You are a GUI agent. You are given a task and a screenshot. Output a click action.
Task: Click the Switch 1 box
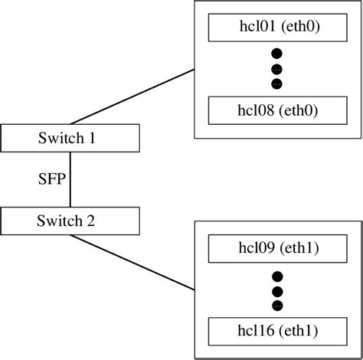pos(70,138)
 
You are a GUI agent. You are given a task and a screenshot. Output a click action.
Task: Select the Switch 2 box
pos(70,221)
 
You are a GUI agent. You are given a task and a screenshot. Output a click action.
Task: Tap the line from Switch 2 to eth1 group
pos(132,262)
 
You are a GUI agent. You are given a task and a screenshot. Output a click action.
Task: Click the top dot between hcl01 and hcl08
pos(276,54)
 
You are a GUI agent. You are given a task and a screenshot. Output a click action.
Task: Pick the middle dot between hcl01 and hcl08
pos(276,69)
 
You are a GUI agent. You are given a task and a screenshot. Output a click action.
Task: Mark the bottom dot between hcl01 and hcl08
pos(276,83)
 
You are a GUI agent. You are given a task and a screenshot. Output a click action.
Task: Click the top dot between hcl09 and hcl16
pos(276,276)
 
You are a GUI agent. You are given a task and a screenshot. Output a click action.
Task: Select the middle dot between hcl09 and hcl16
pos(276,290)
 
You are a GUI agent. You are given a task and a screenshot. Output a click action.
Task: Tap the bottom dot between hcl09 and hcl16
pos(276,305)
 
